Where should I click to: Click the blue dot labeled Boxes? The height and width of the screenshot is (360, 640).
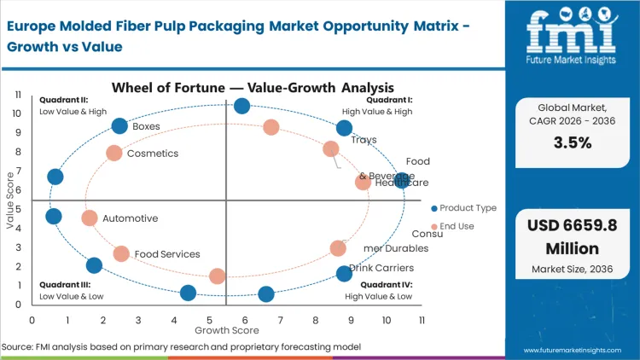pyautogui.click(x=119, y=126)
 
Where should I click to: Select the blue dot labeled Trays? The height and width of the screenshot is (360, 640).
pyautogui.click(x=344, y=128)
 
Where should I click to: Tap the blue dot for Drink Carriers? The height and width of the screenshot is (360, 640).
pyautogui.click(x=344, y=274)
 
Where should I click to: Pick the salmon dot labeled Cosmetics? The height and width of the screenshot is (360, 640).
pyautogui.click(x=114, y=153)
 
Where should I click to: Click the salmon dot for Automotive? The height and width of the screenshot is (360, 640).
pyautogui.click(x=90, y=218)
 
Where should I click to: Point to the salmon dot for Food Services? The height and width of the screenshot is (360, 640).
pyautogui.click(x=121, y=253)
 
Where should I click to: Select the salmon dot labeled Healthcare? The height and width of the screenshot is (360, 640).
pyautogui.click(x=363, y=182)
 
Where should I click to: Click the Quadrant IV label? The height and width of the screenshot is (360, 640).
pyautogui.click(x=386, y=285)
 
